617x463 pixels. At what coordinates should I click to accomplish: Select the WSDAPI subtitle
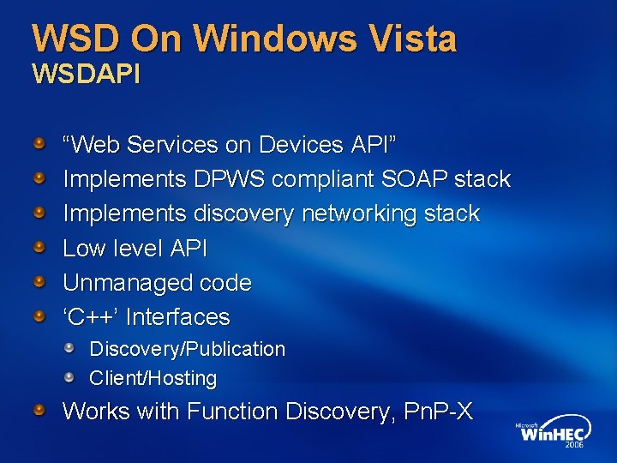[x=86, y=74]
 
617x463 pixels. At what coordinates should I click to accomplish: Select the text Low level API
[x=135, y=249]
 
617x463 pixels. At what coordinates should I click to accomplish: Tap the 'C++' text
[x=91, y=317]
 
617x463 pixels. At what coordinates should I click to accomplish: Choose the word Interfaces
[x=178, y=317]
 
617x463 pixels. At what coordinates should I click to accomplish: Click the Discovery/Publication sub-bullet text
[x=187, y=349]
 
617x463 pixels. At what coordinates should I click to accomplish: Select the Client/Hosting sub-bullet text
[x=153, y=378]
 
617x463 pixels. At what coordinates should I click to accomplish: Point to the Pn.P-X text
[x=439, y=412]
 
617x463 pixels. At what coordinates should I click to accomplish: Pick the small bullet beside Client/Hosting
[x=75, y=377]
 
